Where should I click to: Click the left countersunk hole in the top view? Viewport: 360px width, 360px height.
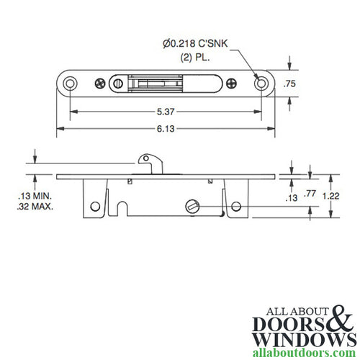pyautogui.click(x=70, y=84)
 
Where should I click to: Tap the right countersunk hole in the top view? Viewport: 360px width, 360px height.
pyautogui.click(x=261, y=84)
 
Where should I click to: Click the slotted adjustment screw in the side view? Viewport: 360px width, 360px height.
pyautogui.click(x=191, y=206)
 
